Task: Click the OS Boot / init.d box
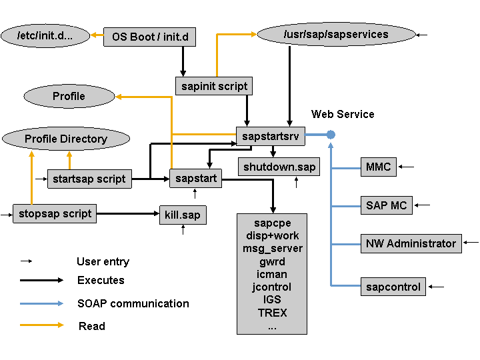149,37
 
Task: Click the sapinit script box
214,86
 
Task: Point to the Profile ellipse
69,96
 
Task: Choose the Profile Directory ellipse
65,139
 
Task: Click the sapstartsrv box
271,135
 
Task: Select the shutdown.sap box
279,166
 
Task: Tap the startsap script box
89,179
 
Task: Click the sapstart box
195,178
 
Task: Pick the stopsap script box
55,213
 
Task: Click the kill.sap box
182,215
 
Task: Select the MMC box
378,167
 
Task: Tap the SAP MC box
386,205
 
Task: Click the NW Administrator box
411,243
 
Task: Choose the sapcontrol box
393,287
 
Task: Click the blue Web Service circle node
331,135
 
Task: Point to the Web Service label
343,114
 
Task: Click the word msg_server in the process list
272,248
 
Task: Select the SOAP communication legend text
133,303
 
